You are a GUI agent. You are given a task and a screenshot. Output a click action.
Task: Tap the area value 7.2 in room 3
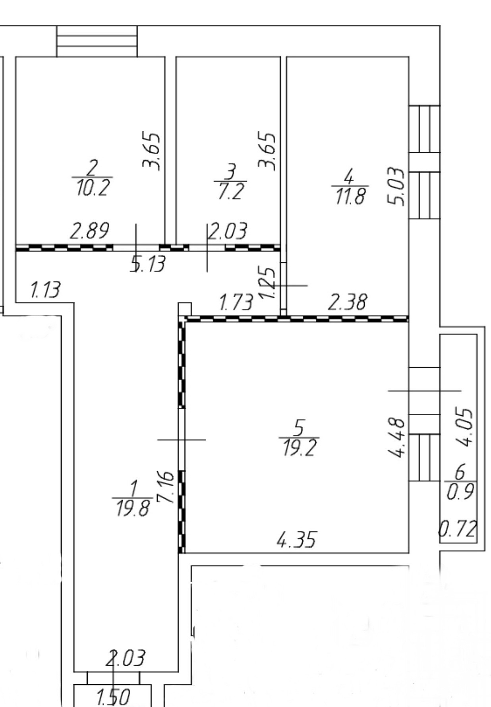pos(231,192)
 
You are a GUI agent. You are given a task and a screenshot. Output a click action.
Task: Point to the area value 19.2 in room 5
pos(300,448)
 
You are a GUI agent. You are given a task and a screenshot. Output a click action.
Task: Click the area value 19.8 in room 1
pos(133,508)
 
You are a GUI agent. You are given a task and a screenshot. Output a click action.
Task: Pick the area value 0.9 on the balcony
pos(460,492)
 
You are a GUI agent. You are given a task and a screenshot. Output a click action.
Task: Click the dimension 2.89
pos(89,231)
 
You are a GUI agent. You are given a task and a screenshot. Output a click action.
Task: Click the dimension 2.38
pos(347,302)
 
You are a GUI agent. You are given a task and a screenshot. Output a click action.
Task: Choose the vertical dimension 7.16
pos(166,487)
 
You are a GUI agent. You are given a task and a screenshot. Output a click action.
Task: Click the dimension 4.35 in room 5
pos(296,540)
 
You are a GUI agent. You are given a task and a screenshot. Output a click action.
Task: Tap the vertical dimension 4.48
pos(397,437)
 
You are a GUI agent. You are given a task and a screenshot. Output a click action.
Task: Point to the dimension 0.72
pos(458,529)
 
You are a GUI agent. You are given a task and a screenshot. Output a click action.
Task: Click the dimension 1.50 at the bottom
pos(114,697)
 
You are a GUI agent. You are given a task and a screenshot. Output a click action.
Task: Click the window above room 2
pos(97,41)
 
